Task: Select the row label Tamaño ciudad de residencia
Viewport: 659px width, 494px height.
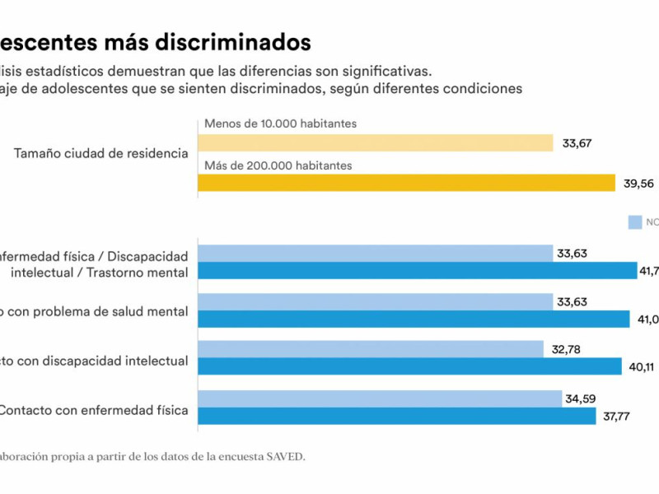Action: pos(100,153)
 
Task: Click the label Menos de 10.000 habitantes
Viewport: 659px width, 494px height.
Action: pos(279,124)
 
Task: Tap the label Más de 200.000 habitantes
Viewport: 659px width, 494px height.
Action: pos(278,165)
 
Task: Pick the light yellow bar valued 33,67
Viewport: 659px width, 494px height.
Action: pos(375,143)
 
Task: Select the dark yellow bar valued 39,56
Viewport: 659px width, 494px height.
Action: pos(406,183)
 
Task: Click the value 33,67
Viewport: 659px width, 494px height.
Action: pos(578,143)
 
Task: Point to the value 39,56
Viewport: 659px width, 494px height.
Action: pos(639,184)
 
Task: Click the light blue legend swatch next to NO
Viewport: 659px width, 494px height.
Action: pos(634,221)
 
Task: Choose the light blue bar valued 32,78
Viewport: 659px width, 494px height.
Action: pos(371,349)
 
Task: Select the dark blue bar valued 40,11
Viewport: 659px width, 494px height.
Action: pos(409,366)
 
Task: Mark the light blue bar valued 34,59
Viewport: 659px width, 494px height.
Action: pos(380,398)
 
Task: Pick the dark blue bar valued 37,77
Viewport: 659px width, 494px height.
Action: pos(396,416)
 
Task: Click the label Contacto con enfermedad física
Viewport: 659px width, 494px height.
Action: pos(94,409)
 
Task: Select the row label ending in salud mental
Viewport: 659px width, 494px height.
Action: pos(94,311)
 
